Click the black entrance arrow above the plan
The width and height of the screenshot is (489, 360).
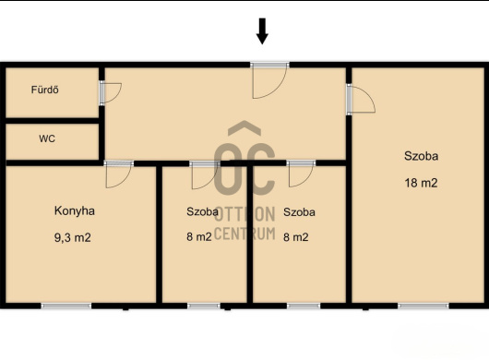click(262, 31)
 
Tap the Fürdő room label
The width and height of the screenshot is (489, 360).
click(45, 90)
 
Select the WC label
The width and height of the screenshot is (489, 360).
click(47, 138)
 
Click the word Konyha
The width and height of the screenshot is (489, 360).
click(75, 210)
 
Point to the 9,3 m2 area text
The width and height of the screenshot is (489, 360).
click(73, 238)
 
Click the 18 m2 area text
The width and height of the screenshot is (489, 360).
click(421, 183)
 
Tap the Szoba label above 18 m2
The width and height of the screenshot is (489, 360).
click(421, 156)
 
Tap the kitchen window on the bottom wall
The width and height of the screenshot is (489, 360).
click(66, 306)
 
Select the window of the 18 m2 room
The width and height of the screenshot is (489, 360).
click(423, 306)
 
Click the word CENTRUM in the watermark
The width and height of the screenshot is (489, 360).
click(245, 234)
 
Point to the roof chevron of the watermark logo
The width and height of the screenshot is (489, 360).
click(244, 128)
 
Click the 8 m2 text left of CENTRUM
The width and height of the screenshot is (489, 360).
click(199, 237)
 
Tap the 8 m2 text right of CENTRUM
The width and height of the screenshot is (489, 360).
click(295, 237)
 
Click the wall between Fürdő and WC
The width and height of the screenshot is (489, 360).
click(53, 121)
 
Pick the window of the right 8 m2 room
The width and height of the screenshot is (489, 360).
click(304, 306)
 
